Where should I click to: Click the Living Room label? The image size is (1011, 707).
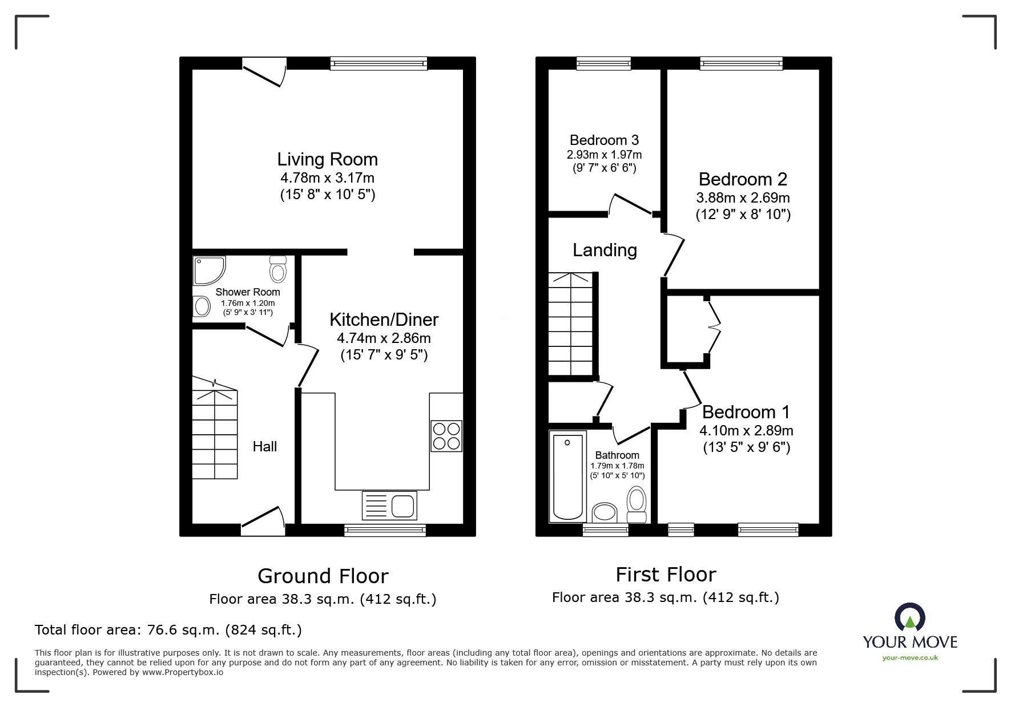(327, 159)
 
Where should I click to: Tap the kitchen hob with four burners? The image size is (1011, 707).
(446, 436)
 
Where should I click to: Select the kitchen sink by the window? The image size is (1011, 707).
(389, 505)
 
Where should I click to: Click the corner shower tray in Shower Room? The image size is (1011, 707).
(208, 270)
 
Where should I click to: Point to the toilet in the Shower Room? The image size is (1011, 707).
(278, 269)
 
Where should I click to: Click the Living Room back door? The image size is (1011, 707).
(264, 75)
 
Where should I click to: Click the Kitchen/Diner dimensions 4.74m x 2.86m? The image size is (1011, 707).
(384, 338)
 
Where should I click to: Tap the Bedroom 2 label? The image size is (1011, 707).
(743, 179)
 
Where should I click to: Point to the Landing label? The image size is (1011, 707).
(605, 250)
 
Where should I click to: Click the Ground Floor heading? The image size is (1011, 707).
(323, 576)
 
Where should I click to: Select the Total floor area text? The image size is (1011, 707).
(168, 630)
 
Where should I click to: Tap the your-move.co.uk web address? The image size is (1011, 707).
(910, 658)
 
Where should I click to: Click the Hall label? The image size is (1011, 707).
(265, 446)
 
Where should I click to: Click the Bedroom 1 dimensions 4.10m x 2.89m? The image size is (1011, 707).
(746, 430)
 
